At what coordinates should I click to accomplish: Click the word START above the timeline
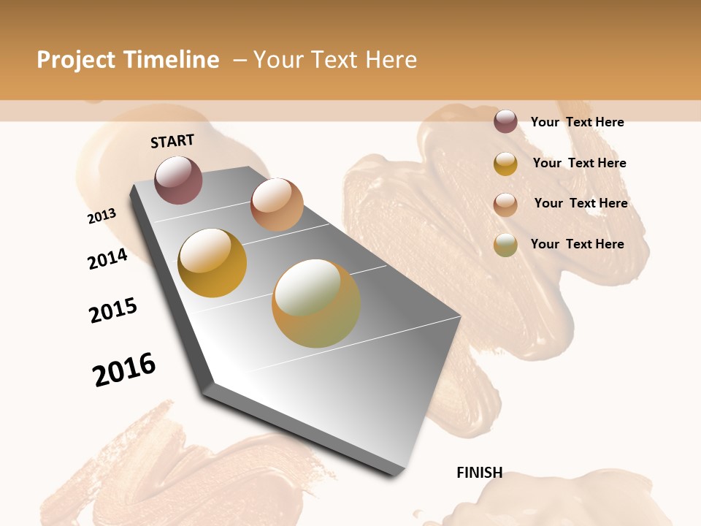pos(172,141)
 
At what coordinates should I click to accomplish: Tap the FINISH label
pos(479,473)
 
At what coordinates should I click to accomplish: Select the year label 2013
pos(101,216)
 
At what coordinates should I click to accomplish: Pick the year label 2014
pos(107,259)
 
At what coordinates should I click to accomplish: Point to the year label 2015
pos(113,310)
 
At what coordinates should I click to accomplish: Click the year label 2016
pos(124,370)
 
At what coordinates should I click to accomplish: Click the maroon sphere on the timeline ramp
pos(178,180)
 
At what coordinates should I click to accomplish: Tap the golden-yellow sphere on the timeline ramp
pos(212,263)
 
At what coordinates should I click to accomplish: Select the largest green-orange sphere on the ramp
pos(316,303)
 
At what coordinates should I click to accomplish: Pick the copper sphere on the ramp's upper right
pos(277,205)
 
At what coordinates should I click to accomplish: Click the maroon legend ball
pos(505,121)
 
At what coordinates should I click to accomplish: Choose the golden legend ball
pos(505,164)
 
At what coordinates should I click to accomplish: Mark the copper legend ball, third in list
pos(505,205)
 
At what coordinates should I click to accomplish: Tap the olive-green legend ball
pos(505,245)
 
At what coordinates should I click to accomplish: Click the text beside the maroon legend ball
pos(577,122)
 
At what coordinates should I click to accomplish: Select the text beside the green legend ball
pos(577,244)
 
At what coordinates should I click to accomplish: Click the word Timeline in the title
pos(172,60)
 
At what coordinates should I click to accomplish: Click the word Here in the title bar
pos(388,60)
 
